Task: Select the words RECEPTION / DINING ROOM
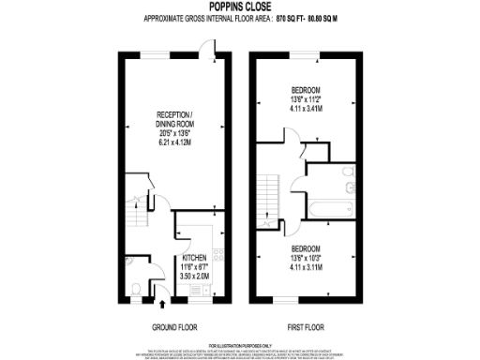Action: point(174,120)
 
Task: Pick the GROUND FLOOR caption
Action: point(172,327)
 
